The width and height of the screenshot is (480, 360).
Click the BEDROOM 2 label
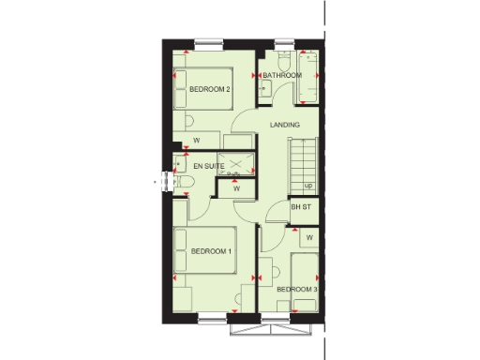pyautogui.click(x=210, y=89)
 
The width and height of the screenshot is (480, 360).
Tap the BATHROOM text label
pyautogui.click(x=281, y=75)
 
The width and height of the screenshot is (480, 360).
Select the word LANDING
pyautogui.click(x=284, y=125)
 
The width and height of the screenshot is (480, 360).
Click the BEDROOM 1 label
pyautogui.click(x=211, y=251)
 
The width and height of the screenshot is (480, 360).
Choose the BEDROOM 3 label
pyautogui.click(x=297, y=290)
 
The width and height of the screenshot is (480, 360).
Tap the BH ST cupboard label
pyautogui.click(x=301, y=207)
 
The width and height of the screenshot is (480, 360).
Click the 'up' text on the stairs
pyautogui.click(x=307, y=185)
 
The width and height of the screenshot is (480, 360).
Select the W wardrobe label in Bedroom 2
pyautogui.click(x=197, y=141)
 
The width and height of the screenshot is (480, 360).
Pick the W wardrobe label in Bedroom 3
pyautogui.click(x=308, y=237)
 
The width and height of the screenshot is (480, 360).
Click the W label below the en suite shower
pyautogui.click(x=236, y=188)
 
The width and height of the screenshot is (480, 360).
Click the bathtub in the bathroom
pyautogui.click(x=310, y=80)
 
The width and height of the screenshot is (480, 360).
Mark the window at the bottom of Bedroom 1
pyautogui.click(x=212, y=319)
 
